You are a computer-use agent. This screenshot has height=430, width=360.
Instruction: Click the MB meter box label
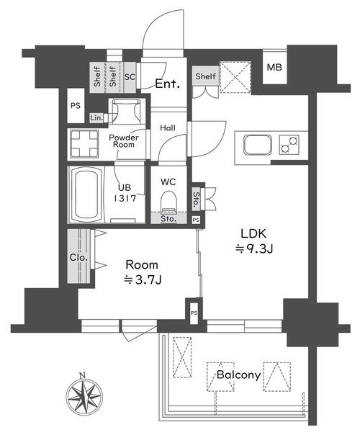point(274,67)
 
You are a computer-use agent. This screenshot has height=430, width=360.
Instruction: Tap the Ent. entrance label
point(168,84)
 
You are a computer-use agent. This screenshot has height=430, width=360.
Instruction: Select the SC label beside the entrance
point(130,77)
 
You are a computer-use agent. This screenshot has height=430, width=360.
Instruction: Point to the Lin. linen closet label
point(96,118)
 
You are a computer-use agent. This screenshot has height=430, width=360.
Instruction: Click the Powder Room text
point(124,141)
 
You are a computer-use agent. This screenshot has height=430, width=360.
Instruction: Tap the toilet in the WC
point(168,202)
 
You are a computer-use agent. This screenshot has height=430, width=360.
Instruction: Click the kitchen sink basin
point(258,145)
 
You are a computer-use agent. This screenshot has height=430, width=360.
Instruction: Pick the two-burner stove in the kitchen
point(289,145)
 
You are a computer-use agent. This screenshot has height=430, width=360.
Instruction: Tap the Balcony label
point(238,375)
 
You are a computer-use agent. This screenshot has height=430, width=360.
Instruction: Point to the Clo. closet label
point(78,258)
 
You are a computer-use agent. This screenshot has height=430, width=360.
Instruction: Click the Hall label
point(168,127)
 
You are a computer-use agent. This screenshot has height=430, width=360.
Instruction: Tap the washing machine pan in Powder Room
point(85,144)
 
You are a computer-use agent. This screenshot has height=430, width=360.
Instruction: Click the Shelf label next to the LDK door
point(206,76)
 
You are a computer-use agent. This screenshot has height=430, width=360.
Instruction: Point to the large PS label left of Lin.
point(76,105)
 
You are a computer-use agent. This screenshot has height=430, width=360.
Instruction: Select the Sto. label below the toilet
point(168,219)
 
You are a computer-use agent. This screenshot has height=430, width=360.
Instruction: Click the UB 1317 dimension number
point(125,198)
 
